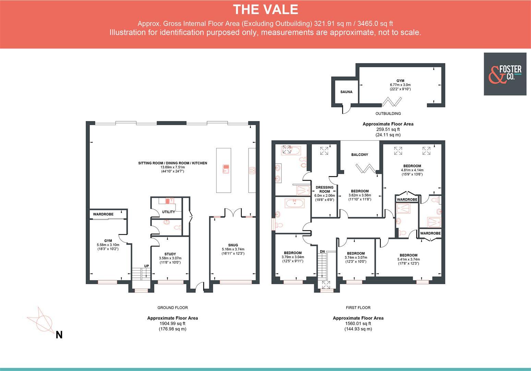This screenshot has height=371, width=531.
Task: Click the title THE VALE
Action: [265, 10]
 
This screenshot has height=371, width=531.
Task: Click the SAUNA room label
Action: [346, 92]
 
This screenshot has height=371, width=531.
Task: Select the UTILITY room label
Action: [168, 212]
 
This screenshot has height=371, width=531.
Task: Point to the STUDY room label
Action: [170, 254]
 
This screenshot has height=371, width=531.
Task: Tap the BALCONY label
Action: [360, 155]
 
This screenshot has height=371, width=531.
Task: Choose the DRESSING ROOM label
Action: [324, 190]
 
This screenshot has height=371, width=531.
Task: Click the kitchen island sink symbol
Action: [226, 168]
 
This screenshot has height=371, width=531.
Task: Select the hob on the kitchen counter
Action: [252, 170]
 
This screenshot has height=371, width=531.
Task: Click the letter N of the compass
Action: [59, 335]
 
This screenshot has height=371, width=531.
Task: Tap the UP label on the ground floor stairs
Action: [146, 266]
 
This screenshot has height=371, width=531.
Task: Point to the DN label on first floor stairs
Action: [322, 252]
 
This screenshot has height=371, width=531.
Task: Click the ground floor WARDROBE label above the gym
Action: [103, 214]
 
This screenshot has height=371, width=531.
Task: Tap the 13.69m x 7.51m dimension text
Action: [172, 167]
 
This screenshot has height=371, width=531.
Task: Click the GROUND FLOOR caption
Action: [172, 308]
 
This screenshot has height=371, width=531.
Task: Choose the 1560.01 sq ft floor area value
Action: [358, 324]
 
